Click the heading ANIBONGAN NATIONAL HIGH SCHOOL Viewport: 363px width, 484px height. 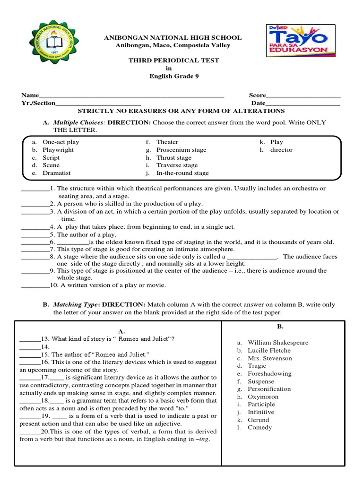point(173,37)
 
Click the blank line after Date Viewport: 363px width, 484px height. point(302,104)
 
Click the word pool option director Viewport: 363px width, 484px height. point(281,150)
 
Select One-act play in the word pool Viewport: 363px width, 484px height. point(61,142)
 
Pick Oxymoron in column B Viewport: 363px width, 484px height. point(263,397)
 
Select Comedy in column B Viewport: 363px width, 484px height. point(259,427)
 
